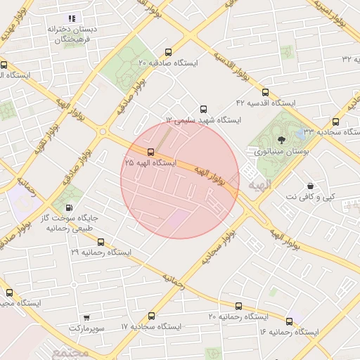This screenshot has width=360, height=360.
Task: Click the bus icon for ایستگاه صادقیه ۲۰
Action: tap(167, 52)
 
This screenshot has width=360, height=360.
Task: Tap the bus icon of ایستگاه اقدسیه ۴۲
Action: tap(265, 92)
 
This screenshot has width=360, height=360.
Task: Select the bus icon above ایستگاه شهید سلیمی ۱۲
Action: tap(204, 109)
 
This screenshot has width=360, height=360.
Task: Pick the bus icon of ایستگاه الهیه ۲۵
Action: tap(150, 152)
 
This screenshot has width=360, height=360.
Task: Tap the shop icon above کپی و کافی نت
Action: tap(310, 186)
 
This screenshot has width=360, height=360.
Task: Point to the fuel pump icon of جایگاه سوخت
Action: tap(68, 207)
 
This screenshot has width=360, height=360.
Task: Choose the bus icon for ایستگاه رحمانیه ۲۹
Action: tap(101, 241)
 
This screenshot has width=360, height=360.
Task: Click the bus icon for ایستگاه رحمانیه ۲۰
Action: tap(238, 306)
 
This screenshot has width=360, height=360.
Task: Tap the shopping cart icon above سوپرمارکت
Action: tap(86, 318)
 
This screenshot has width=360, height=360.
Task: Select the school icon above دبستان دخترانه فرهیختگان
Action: tap(70, 18)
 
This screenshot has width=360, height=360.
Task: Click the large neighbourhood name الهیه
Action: tap(259, 184)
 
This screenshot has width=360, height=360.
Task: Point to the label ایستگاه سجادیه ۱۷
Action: tap(150, 328)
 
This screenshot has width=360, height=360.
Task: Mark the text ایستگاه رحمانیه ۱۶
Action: tap(289, 331)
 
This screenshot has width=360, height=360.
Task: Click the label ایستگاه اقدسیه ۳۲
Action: tap(337, 58)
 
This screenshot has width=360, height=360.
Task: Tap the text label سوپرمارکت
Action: tap(86, 328)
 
